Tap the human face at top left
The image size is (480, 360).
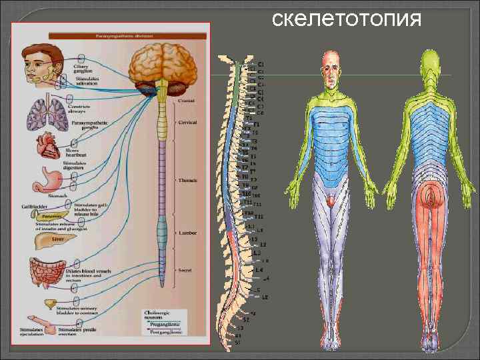click(x=41, y=63)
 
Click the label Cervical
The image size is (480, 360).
click(x=188, y=123)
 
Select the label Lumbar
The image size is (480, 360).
click(x=187, y=233)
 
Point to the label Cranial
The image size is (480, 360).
click(x=187, y=101)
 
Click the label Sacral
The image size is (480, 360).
click(x=185, y=271)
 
